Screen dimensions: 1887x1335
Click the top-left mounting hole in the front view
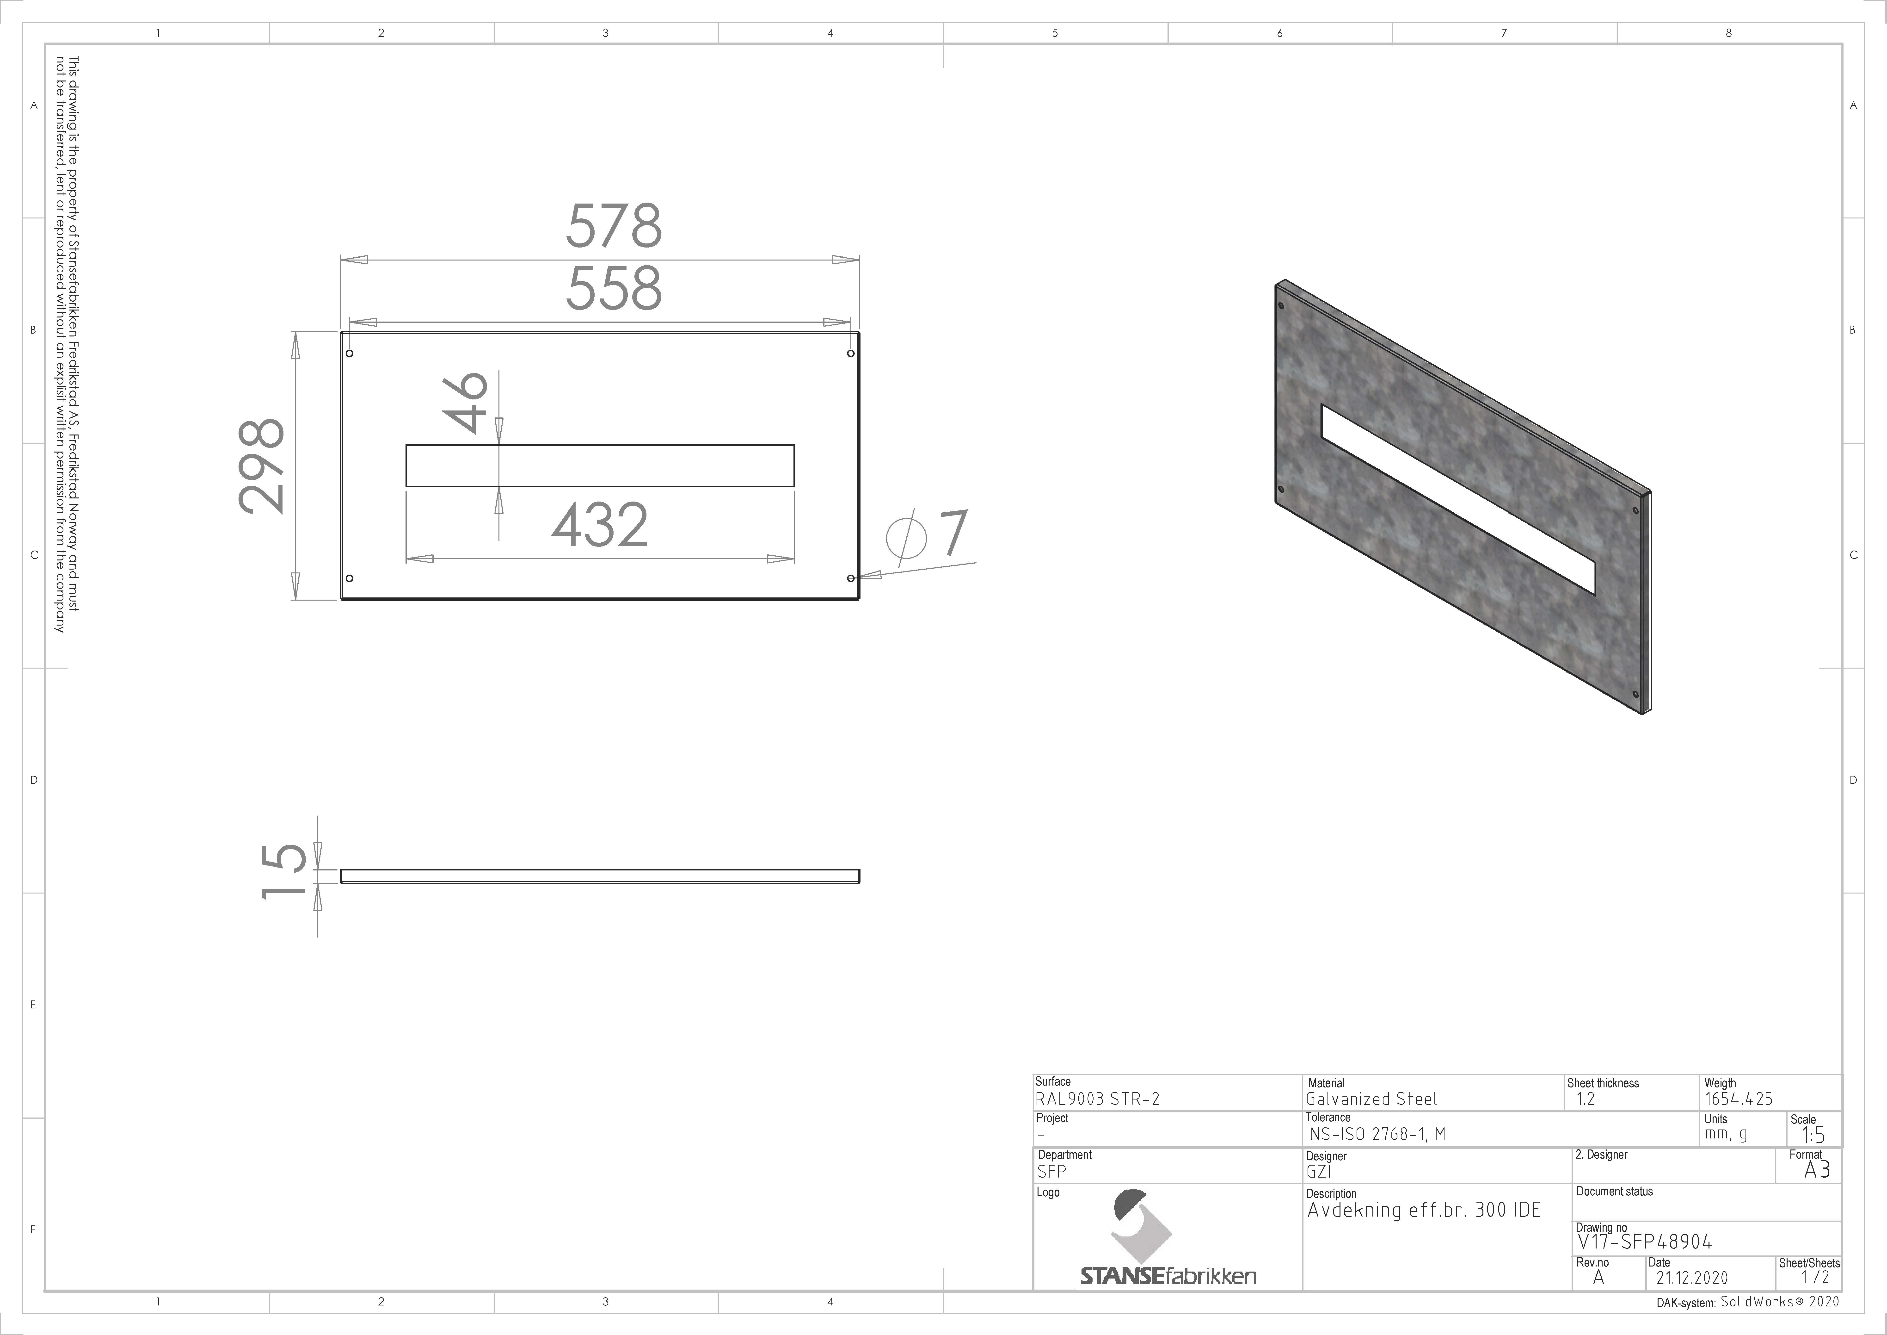coord(350,354)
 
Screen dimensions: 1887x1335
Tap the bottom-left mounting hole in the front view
coord(350,578)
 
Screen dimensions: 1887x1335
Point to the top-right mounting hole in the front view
coord(851,354)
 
